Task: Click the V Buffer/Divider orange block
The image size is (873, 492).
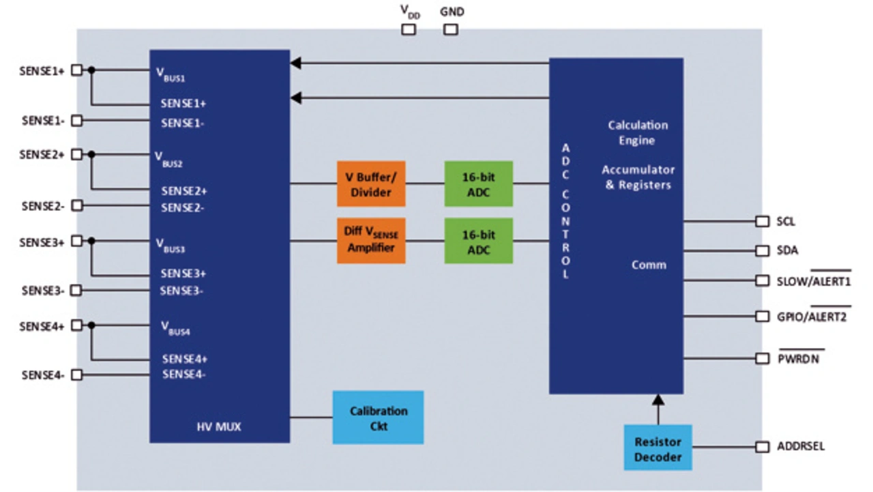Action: click(x=371, y=184)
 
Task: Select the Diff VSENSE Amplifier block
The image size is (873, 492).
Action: click(x=371, y=240)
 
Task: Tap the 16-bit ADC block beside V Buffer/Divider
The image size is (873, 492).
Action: click(x=478, y=184)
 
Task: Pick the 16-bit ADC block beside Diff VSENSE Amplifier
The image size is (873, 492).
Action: click(x=478, y=240)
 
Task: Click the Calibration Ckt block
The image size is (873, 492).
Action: click(x=378, y=417)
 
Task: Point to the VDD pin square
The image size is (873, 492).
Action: click(x=408, y=29)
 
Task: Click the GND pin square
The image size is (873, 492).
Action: click(x=451, y=29)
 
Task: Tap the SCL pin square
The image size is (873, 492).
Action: click(x=762, y=222)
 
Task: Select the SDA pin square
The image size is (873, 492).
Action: click(x=762, y=250)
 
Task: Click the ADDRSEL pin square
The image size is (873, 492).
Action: click(x=762, y=447)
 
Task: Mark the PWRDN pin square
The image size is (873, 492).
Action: click(x=762, y=358)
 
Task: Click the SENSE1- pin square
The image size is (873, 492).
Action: click(x=77, y=121)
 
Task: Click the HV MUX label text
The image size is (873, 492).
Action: click(x=219, y=428)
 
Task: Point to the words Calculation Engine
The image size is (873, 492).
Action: click(x=638, y=133)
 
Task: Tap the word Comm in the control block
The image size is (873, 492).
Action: click(x=649, y=265)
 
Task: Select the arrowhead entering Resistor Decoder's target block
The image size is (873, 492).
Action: click(x=657, y=399)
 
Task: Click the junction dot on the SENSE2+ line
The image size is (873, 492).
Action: click(x=91, y=155)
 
